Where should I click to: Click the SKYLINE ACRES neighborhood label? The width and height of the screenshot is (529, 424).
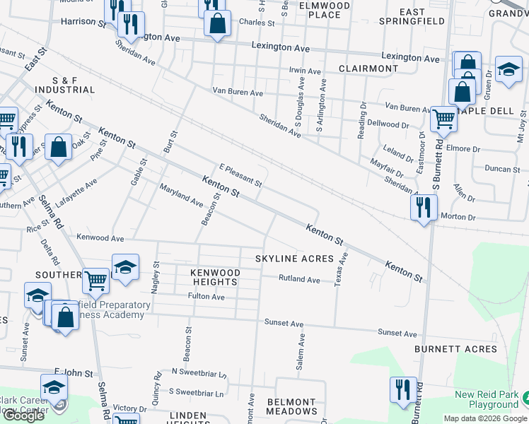pyautogui.click(x=294, y=259)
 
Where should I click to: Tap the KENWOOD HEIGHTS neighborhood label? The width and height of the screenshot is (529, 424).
pyautogui.click(x=214, y=276)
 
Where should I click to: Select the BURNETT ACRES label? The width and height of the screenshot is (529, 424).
pyautogui.click(x=456, y=349)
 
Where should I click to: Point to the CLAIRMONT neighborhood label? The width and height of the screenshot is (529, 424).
pyautogui.click(x=368, y=69)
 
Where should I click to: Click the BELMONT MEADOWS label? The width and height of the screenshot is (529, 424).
pyautogui.click(x=291, y=406)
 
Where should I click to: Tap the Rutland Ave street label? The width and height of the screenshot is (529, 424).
pyautogui.click(x=299, y=279)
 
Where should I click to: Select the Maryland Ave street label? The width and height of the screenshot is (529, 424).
pyautogui.click(x=181, y=194)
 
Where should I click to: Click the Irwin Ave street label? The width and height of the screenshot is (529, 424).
pyautogui.click(x=306, y=71)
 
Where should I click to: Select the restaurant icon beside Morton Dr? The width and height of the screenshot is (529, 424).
pyautogui.click(x=423, y=207)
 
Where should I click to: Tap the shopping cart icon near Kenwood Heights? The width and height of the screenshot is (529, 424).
pyautogui.click(x=95, y=280)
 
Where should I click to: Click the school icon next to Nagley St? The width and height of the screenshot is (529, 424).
pyautogui.click(x=125, y=267)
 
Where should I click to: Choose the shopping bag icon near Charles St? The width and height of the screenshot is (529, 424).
pyautogui.click(x=217, y=23)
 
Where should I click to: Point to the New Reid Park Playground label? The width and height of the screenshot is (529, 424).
pyautogui.click(x=487, y=400)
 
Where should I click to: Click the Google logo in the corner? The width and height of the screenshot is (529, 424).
pyautogui.click(x=23, y=416)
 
